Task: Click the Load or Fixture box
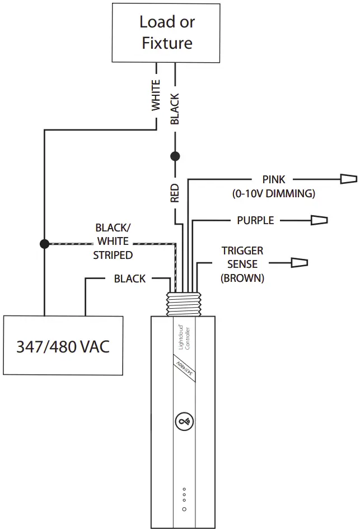click(166, 32)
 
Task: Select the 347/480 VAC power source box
click(63, 346)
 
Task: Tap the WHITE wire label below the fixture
click(156, 95)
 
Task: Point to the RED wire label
click(175, 192)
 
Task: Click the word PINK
click(274, 180)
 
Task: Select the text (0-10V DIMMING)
click(274, 194)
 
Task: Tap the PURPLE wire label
click(255, 220)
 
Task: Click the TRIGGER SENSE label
click(242, 257)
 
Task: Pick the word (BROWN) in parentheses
click(242, 277)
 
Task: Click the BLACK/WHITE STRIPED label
click(113, 242)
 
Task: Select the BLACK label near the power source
click(129, 279)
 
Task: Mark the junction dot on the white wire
click(44, 244)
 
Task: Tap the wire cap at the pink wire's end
click(348, 179)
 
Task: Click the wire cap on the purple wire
click(319, 220)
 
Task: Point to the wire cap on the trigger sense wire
click(299, 262)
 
